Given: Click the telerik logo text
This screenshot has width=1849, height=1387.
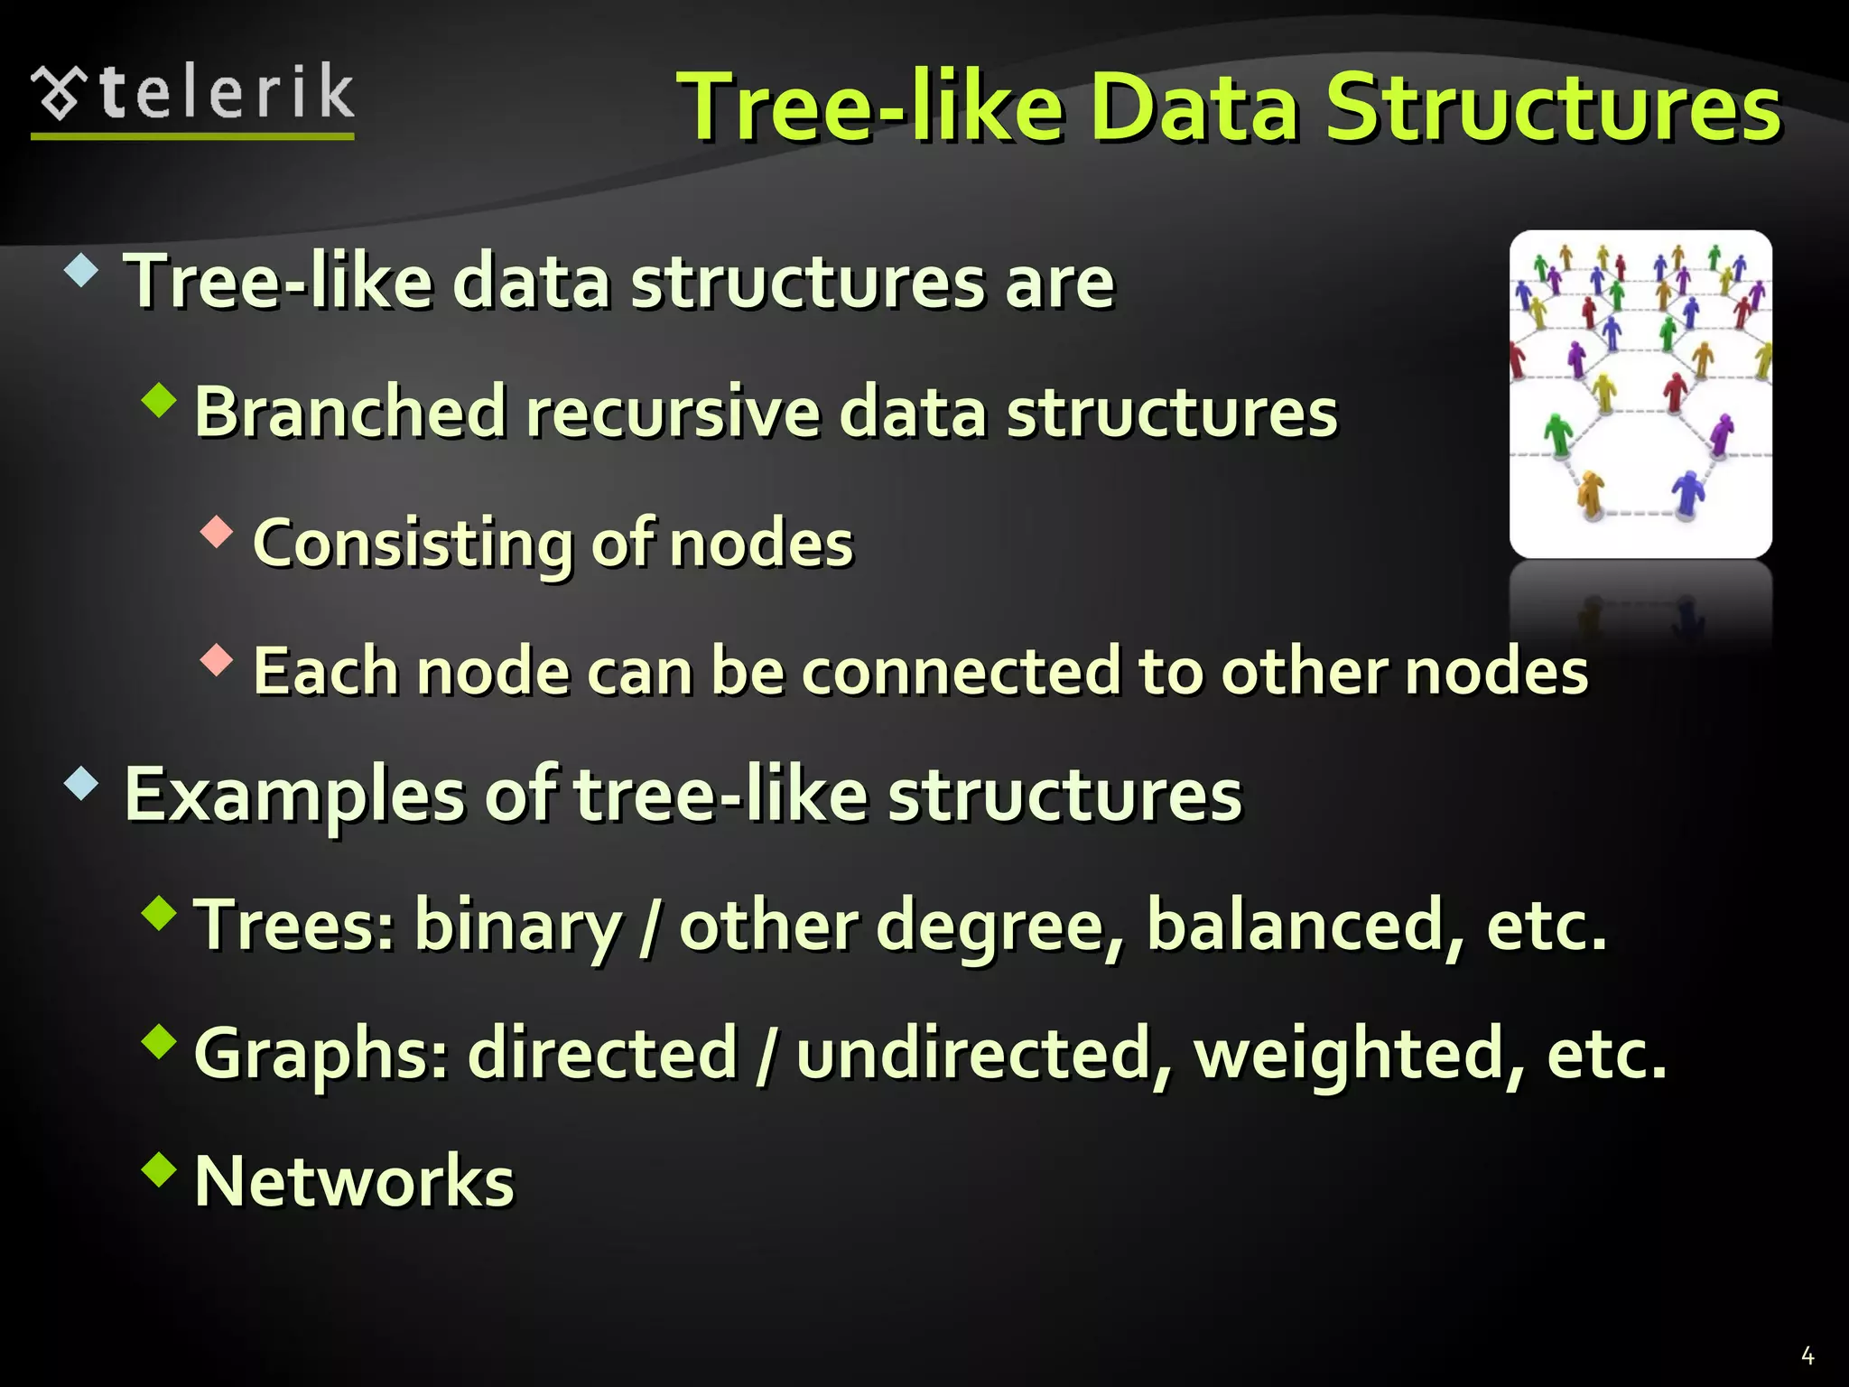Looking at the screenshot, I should pyautogui.click(x=226, y=93).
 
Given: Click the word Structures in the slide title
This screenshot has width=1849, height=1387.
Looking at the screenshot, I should pyautogui.click(x=1552, y=108).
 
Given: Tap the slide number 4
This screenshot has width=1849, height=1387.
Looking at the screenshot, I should pyautogui.click(x=1807, y=1355).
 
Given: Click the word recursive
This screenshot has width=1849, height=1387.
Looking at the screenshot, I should pyautogui.click(x=673, y=412).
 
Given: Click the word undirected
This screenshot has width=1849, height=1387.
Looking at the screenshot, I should pyautogui.click(x=984, y=1054).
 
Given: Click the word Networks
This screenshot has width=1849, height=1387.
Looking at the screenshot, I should pyautogui.click(x=354, y=1181).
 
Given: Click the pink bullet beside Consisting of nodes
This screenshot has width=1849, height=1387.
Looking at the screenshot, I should pyautogui.click(x=217, y=532).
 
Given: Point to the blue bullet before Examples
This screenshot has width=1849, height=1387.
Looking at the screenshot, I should pyautogui.click(x=81, y=783).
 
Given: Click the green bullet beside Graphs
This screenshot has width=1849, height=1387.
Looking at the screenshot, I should pyautogui.click(x=160, y=1041).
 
